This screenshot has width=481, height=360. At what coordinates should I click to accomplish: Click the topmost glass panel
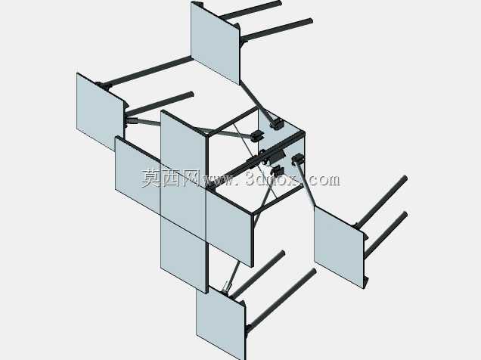(x=215, y=43)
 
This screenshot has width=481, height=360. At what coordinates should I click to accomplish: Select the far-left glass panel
(x=100, y=112)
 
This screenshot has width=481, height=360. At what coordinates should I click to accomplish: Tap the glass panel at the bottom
(x=221, y=322)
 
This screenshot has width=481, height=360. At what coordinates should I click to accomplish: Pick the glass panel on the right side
(x=339, y=247)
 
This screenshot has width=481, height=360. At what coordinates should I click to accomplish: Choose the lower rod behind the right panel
(x=386, y=234)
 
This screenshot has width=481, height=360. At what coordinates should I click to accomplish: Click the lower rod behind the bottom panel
(x=281, y=299)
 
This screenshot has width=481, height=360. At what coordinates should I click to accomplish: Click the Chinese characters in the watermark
(x=171, y=178)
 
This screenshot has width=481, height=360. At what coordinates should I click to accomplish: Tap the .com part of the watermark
(x=322, y=180)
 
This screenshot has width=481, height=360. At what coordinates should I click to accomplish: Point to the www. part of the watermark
(x=222, y=180)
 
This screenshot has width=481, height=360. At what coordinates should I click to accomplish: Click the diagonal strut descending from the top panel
(x=256, y=101)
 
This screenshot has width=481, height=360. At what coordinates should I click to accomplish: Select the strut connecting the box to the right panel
(x=306, y=185)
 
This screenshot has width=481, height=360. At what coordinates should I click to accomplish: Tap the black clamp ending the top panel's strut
(x=276, y=124)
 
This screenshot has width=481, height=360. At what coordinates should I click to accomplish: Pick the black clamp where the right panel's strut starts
(x=297, y=160)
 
